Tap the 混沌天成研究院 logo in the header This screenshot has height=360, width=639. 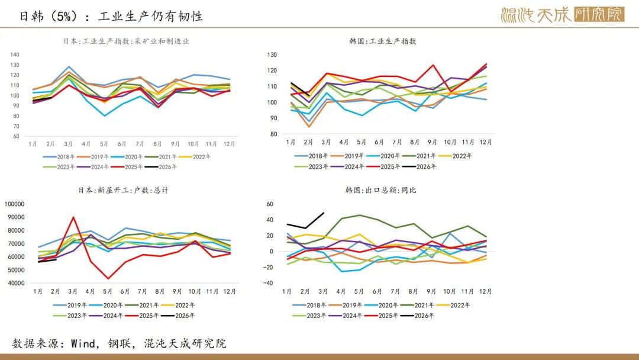coord(562,15)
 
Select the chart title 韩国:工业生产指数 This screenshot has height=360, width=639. coord(382,41)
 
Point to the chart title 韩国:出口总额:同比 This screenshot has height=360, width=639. coord(380,191)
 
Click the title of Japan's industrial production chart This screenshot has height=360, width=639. coord(126,41)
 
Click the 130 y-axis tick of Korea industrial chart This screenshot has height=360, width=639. coord(272,54)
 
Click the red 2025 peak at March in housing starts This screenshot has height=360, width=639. coord(73,217)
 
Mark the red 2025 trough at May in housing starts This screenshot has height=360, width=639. coord(108,278)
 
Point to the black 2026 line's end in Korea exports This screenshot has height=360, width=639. coord(324,213)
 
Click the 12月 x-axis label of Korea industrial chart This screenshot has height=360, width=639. coord(485,142)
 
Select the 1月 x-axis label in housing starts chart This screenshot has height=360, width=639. coord(38,291)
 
